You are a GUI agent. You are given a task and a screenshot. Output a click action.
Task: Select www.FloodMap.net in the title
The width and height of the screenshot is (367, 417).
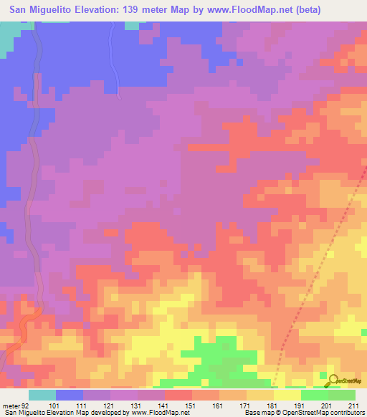tap(247, 10)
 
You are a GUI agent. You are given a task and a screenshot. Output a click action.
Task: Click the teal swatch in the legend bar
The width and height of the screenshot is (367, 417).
tap(42, 395)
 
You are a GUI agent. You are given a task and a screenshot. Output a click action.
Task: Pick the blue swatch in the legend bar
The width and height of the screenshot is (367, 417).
tap(70, 395)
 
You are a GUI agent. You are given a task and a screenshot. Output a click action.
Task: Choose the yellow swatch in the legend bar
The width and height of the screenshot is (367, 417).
tap(287, 395)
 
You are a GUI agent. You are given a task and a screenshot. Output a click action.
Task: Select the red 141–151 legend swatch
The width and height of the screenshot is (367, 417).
tap(178, 395)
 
